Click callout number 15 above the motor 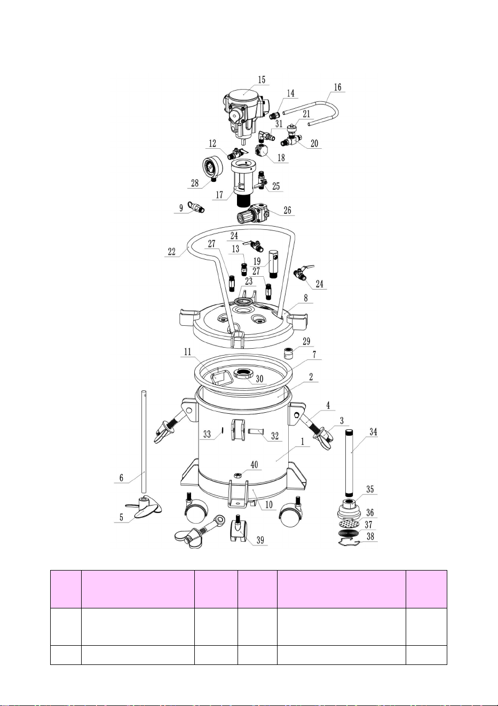pyautogui.click(x=262, y=79)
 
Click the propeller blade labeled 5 pyautogui.click(x=144, y=507)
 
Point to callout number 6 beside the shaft pyautogui.click(x=121, y=477)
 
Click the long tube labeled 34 pyautogui.click(x=349, y=463)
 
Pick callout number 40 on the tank pyautogui.click(x=254, y=464)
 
